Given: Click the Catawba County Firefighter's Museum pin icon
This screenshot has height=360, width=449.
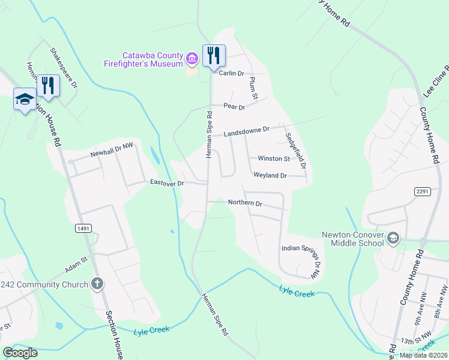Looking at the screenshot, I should (x=192, y=58).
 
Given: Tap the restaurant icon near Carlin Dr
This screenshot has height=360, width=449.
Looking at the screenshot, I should (x=214, y=56).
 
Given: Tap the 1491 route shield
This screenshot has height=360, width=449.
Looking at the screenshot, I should (x=83, y=228).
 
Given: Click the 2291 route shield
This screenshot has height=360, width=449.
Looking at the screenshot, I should (x=422, y=191).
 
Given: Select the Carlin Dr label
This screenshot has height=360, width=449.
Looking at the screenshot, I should (x=231, y=73).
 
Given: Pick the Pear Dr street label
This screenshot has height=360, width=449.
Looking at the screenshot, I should (x=234, y=107).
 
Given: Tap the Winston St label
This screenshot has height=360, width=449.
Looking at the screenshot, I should (x=274, y=159).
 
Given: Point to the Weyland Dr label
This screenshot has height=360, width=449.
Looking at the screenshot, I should (x=270, y=175).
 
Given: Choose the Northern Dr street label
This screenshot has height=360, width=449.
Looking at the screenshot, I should (x=246, y=203).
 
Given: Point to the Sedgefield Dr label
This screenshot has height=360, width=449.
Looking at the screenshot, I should (x=296, y=150).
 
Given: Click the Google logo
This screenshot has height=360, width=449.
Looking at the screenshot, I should (x=20, y=353).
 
